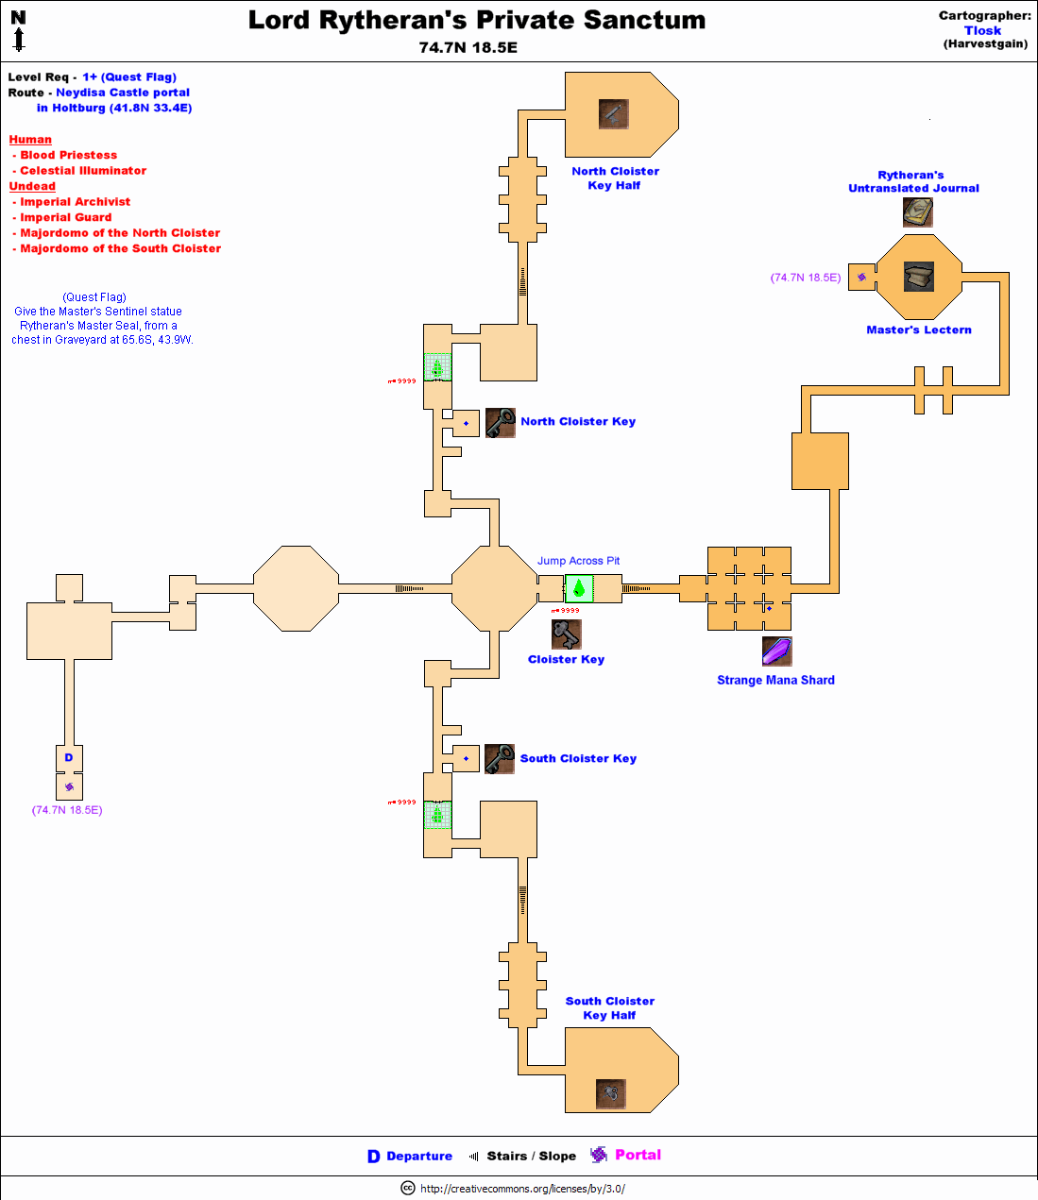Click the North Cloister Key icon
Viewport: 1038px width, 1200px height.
[500, 423]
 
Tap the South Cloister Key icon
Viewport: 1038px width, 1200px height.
[499, 759]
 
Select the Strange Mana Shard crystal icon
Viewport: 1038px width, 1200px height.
[776, 651]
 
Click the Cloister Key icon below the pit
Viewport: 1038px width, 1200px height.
[566, 634]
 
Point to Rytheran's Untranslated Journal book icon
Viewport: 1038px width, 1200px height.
[917, 212]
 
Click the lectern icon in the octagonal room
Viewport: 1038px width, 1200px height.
[918, 277]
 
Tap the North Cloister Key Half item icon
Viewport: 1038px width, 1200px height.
[613, 114]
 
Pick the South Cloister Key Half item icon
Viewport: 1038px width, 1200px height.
[612, 1093]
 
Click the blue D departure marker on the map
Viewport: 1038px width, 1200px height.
[69, 757]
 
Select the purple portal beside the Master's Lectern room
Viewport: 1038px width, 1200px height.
[861, 277]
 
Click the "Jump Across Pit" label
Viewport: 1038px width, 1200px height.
[578, 561]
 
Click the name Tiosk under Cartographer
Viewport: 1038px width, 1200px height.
[982, 30]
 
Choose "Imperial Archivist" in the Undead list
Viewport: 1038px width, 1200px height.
[75, 202]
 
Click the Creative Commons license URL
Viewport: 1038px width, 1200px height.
[522, 1189]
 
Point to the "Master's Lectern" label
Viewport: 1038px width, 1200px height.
[918, 330]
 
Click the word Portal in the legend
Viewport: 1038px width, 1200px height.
[638, 1155]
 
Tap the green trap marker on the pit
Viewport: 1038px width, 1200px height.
[579, 589]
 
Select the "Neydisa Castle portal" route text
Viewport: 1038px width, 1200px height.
[123, 93]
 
